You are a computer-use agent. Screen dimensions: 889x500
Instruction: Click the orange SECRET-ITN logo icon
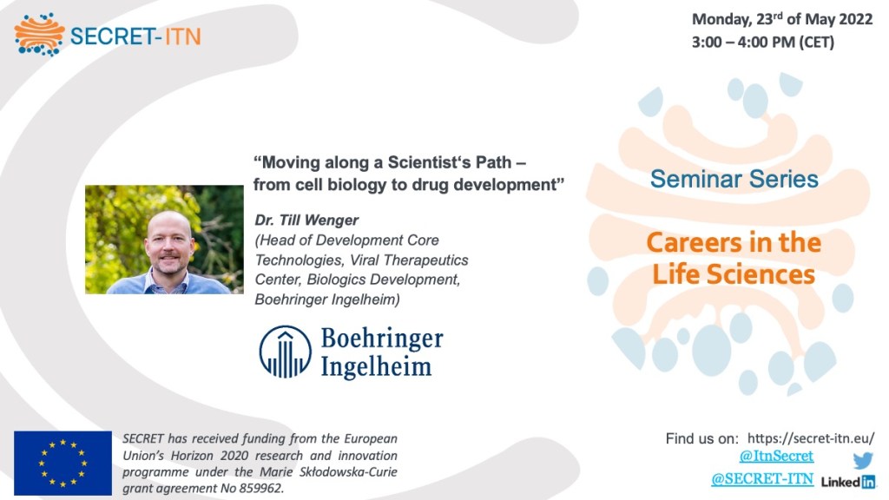(x=39, y=35)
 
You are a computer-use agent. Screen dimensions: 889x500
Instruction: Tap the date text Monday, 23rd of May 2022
(x=782, y=19)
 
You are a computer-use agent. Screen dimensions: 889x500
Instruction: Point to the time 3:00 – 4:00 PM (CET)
(x=762, y=42)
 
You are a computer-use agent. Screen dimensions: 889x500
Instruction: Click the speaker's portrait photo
(x=164, y=240)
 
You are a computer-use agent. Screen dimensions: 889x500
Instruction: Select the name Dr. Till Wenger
(x=306, y=220)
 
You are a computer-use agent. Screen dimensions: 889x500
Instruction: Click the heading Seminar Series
(x=734, y=179)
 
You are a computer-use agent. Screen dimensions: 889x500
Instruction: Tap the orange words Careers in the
(x=734, y=243)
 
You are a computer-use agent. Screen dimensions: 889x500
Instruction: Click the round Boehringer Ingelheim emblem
(x=285, y=352)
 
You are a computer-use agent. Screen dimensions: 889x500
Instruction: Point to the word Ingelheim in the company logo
(x=376, y=366)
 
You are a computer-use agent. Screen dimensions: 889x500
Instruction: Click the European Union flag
(x=63, y=464)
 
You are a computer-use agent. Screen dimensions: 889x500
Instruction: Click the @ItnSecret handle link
(x=776, y=456)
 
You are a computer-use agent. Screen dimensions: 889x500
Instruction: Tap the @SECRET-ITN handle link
(x=762, y=479)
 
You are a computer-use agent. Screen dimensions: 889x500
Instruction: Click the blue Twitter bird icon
(x=863, y=460)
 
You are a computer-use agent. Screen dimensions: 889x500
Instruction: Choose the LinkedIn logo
(x=848, y=482)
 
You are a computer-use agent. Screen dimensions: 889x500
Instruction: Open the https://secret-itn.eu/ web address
(x=811, y=438)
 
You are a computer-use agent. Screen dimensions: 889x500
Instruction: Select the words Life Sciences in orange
(x=734, y=274)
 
